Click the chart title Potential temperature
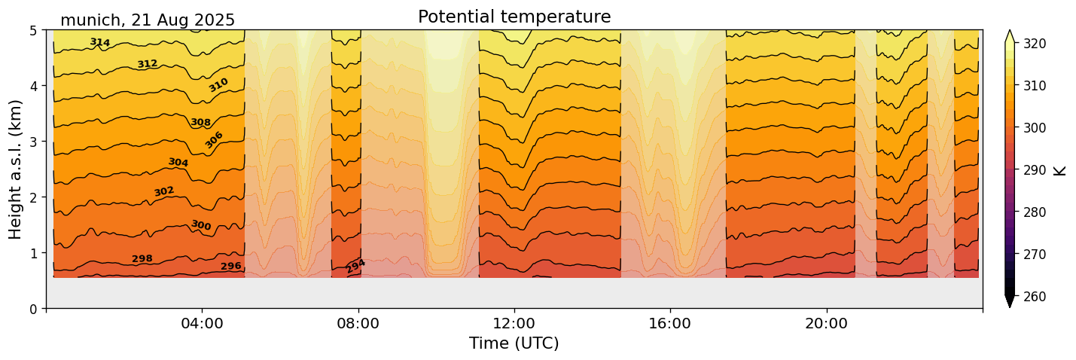pos(514,17)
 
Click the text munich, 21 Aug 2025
pos(148,20)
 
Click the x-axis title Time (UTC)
pos(514,343)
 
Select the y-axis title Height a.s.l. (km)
pos(16,169)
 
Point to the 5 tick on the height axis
pos(34,30)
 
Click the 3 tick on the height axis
pos(34,142)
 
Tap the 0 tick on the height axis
pos(34,308)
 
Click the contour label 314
pos(100,43)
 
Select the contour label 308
pos(200,122)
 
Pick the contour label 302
pos(164,191)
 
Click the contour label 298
pos(142,259)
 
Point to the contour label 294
pos(355,266)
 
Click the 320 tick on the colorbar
pos(1034,44)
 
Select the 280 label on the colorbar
pos(1034,212)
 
